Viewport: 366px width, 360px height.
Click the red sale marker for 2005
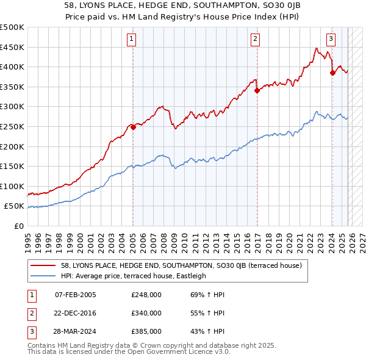coord(133,127)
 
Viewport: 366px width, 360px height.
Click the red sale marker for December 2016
coord(257,90)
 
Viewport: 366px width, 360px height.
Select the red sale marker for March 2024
coord(332,73)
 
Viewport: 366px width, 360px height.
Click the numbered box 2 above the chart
coord(255,40)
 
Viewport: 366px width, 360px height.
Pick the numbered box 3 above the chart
coord(331,40)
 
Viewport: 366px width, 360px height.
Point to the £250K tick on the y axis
coord(12,126)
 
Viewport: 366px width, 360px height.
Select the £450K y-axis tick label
coord(12,47)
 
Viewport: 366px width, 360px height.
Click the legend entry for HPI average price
coord(134,276)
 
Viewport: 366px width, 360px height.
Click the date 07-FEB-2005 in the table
coord(75,295)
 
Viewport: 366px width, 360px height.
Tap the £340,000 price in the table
coord(146,313)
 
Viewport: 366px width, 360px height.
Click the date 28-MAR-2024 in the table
coord(76,331)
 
